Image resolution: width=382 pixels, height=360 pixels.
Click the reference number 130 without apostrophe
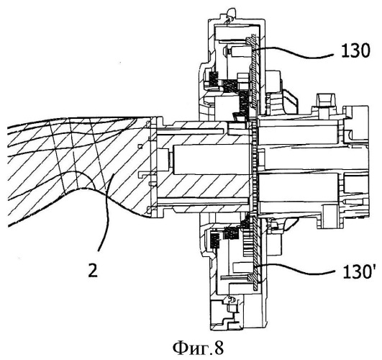[355, 51]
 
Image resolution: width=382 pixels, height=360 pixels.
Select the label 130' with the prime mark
[358, 271]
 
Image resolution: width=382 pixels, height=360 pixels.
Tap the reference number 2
[93, 270]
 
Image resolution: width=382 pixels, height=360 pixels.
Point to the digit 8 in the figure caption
[219, 348]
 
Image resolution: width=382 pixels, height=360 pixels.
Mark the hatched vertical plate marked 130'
[255, 253]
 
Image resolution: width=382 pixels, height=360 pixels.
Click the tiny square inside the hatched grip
[140, 146]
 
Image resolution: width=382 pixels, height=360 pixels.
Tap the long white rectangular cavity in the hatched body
[212, 160]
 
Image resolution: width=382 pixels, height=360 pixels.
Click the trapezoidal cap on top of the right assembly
[325, 100]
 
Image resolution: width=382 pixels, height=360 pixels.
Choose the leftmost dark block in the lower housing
[215, 241]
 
